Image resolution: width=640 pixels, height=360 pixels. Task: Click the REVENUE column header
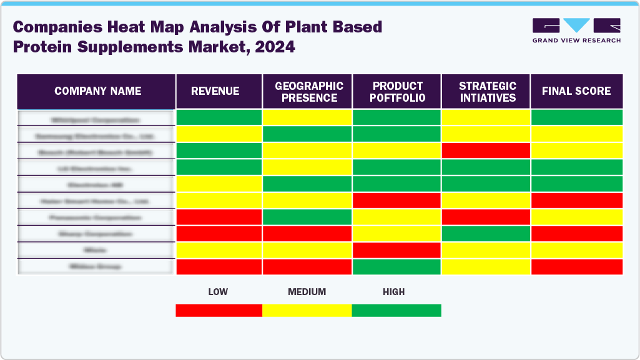point(215,91)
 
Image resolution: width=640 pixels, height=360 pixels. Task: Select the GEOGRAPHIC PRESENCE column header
point(309,92)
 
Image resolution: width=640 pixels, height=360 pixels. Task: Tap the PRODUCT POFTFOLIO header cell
point(398,92)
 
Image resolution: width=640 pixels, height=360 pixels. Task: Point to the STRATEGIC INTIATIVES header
point(487,92)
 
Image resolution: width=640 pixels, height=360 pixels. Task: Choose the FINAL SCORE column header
point(576,91)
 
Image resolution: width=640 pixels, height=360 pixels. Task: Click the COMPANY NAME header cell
point(97,91)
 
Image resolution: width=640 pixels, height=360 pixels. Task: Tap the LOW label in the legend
point(218,292)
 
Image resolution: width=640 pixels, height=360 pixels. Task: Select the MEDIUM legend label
point(307,292)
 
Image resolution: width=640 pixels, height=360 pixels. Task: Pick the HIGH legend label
point(394,292)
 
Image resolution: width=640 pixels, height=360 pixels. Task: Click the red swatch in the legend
point(219,310)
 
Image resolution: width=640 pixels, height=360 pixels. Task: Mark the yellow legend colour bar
point(307,310)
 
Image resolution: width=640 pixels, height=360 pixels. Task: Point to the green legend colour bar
point(396,310)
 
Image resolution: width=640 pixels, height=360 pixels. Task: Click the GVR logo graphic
point(576,26)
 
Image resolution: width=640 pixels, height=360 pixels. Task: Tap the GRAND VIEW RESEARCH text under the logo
point(576,41)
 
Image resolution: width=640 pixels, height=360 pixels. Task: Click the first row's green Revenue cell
point(219,117)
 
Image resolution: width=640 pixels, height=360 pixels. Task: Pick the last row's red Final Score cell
point(576,266)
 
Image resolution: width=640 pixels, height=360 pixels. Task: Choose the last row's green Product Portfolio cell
point(397,266)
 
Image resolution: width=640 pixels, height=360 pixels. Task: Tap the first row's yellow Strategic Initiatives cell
point(486,117)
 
